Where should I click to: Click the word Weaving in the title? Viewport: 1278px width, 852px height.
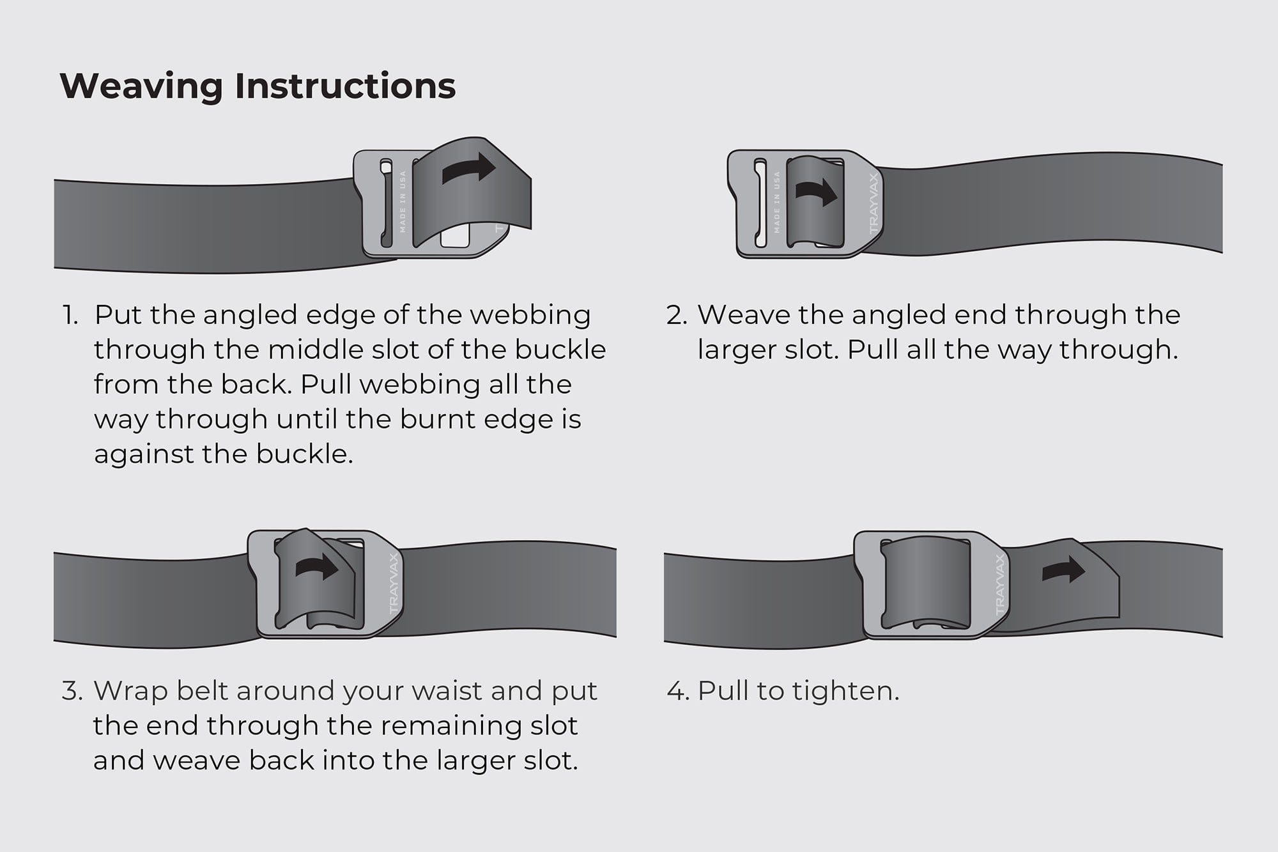pyautogui.click(x=141, y=86)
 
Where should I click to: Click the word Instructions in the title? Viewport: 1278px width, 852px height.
pyautogui.click(x=345, y=86)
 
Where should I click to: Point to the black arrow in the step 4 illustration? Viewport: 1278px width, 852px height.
pyautogui.click(x=1063, y=569)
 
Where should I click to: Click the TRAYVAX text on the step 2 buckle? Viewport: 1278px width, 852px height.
pyautogui.click(x=874, y=203)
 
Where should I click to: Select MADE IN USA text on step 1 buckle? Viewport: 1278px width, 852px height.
pyautogui.click(x=403, y=201)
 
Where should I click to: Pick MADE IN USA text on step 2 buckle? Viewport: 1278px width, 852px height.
pyautogui.click(x=777, y=202)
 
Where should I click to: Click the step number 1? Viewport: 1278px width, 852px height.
pyautogui.click(x=70, y=315)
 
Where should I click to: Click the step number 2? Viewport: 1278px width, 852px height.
pyautogui.click(x=675, y=315)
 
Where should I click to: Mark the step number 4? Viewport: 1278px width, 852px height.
pyautogui.click(x=677, y=691)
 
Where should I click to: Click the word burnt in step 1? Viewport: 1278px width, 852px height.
pyautogui.click(x=437, y=419)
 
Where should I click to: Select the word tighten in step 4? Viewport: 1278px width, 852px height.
pyautogui.click(x=844, y=691)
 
